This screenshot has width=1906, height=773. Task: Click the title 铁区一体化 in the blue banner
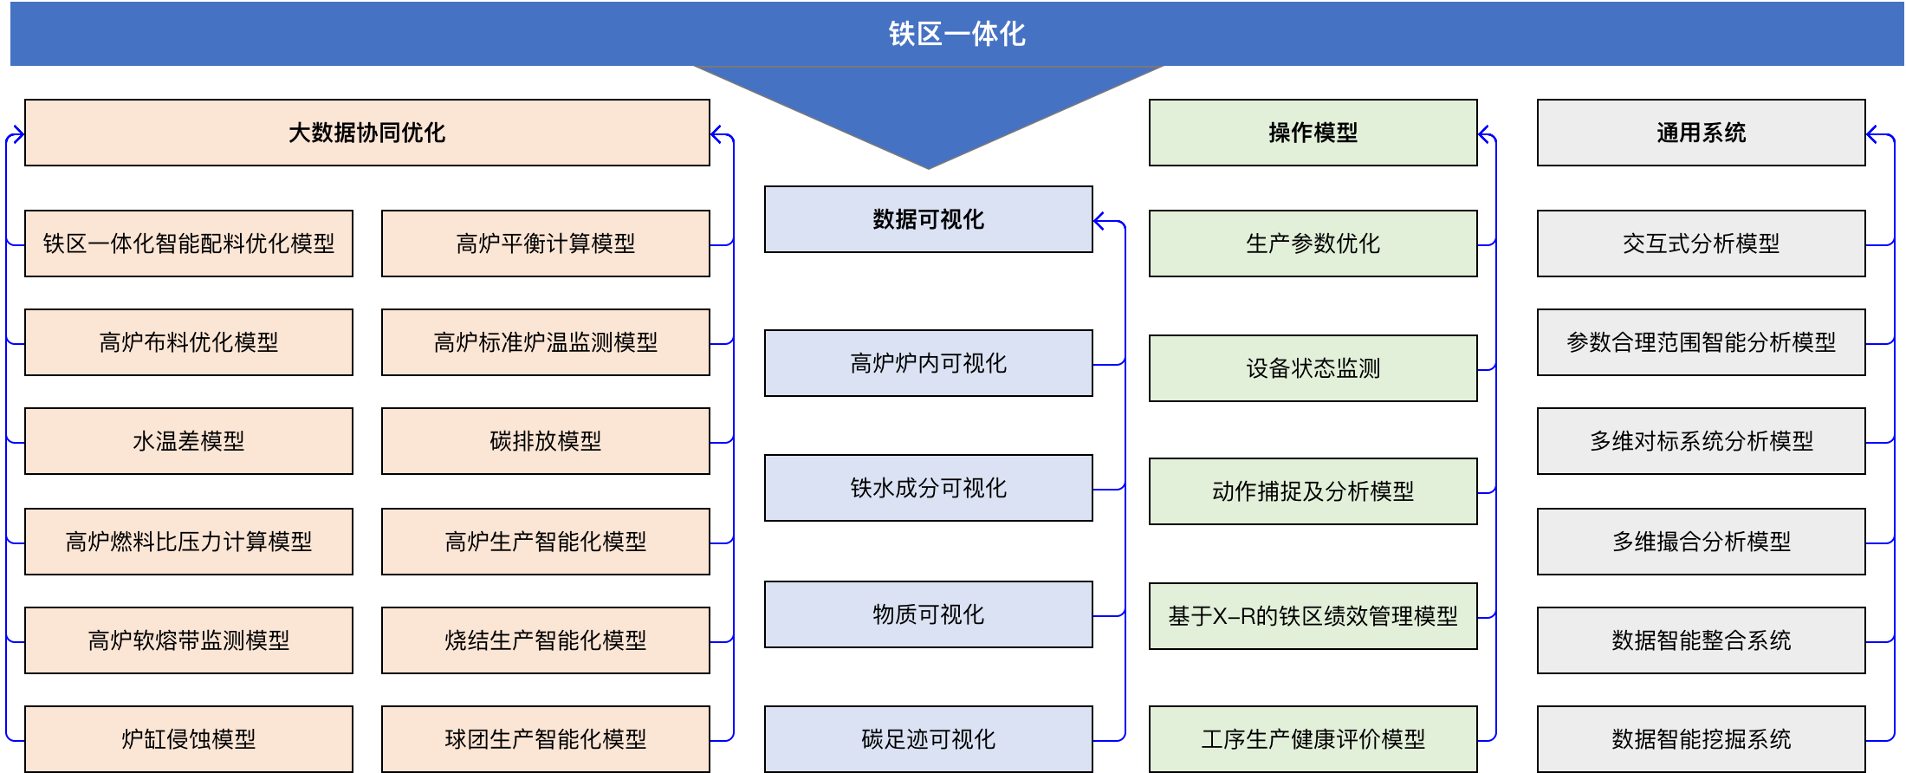click(x=956, y=34)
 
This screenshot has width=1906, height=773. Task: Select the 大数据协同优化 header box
click(x=366, y=133)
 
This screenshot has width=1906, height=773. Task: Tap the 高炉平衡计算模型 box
click(x=545, y=244)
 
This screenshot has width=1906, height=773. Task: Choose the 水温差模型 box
click(x=188, y=441)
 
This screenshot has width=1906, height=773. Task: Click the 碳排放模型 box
click(x=545, y=441)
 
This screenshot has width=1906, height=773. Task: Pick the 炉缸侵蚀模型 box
click(x=188, y=739)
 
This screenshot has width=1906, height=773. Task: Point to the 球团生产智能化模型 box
click(x=545, y=739)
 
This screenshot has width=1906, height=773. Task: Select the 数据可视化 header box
click(x=928, y=219)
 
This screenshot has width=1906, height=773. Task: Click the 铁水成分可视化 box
click(x=928, y=488)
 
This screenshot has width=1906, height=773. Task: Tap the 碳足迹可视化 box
click(x=928, y=739)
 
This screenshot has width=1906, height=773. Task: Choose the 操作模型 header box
click(x=1313, y=133)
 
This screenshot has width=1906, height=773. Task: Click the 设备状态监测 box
click(x=1313, y=368)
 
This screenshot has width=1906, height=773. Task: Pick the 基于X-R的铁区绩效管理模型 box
click(x=1313, y=616)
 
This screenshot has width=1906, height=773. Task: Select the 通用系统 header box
click(x=1701, y=133)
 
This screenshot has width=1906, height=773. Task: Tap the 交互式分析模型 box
click(x=1701, y=244)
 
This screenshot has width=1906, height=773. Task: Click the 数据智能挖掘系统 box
click(x=1701, y=739)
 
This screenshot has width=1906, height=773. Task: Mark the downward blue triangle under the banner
click(x=928, y=113)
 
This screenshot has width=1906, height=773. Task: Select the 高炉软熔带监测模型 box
click(x=188, y=640)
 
